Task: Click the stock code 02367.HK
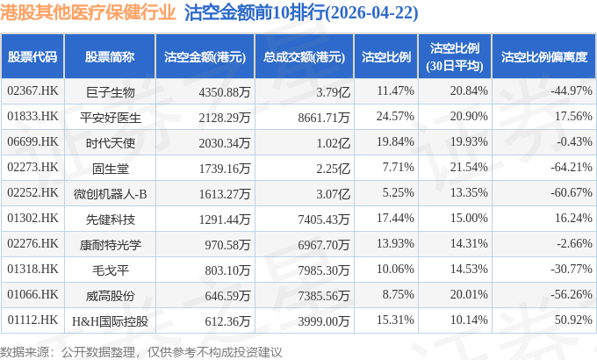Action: point(32,91)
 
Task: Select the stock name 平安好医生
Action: point(110,118)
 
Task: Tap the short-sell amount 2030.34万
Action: point(224,143)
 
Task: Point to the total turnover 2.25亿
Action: point(333,169)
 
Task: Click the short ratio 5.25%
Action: point(398,193)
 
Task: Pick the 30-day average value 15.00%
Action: point(469,219)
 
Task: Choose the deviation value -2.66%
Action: point(574,243)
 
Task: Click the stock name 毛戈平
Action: point(110,270)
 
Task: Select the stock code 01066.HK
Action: point(32,294)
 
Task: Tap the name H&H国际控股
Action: point(110,321)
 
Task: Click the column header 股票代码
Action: point(32,57)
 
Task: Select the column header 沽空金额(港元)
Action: point(205,57)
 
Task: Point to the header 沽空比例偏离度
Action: point(544,57)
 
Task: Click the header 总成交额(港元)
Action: point(305,57)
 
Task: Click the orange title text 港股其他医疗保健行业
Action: point(88,12)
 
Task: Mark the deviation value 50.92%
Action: point(573,320)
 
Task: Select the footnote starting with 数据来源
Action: point(140,352)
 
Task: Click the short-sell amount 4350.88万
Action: point(224,92)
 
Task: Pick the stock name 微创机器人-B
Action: point(110,194)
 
